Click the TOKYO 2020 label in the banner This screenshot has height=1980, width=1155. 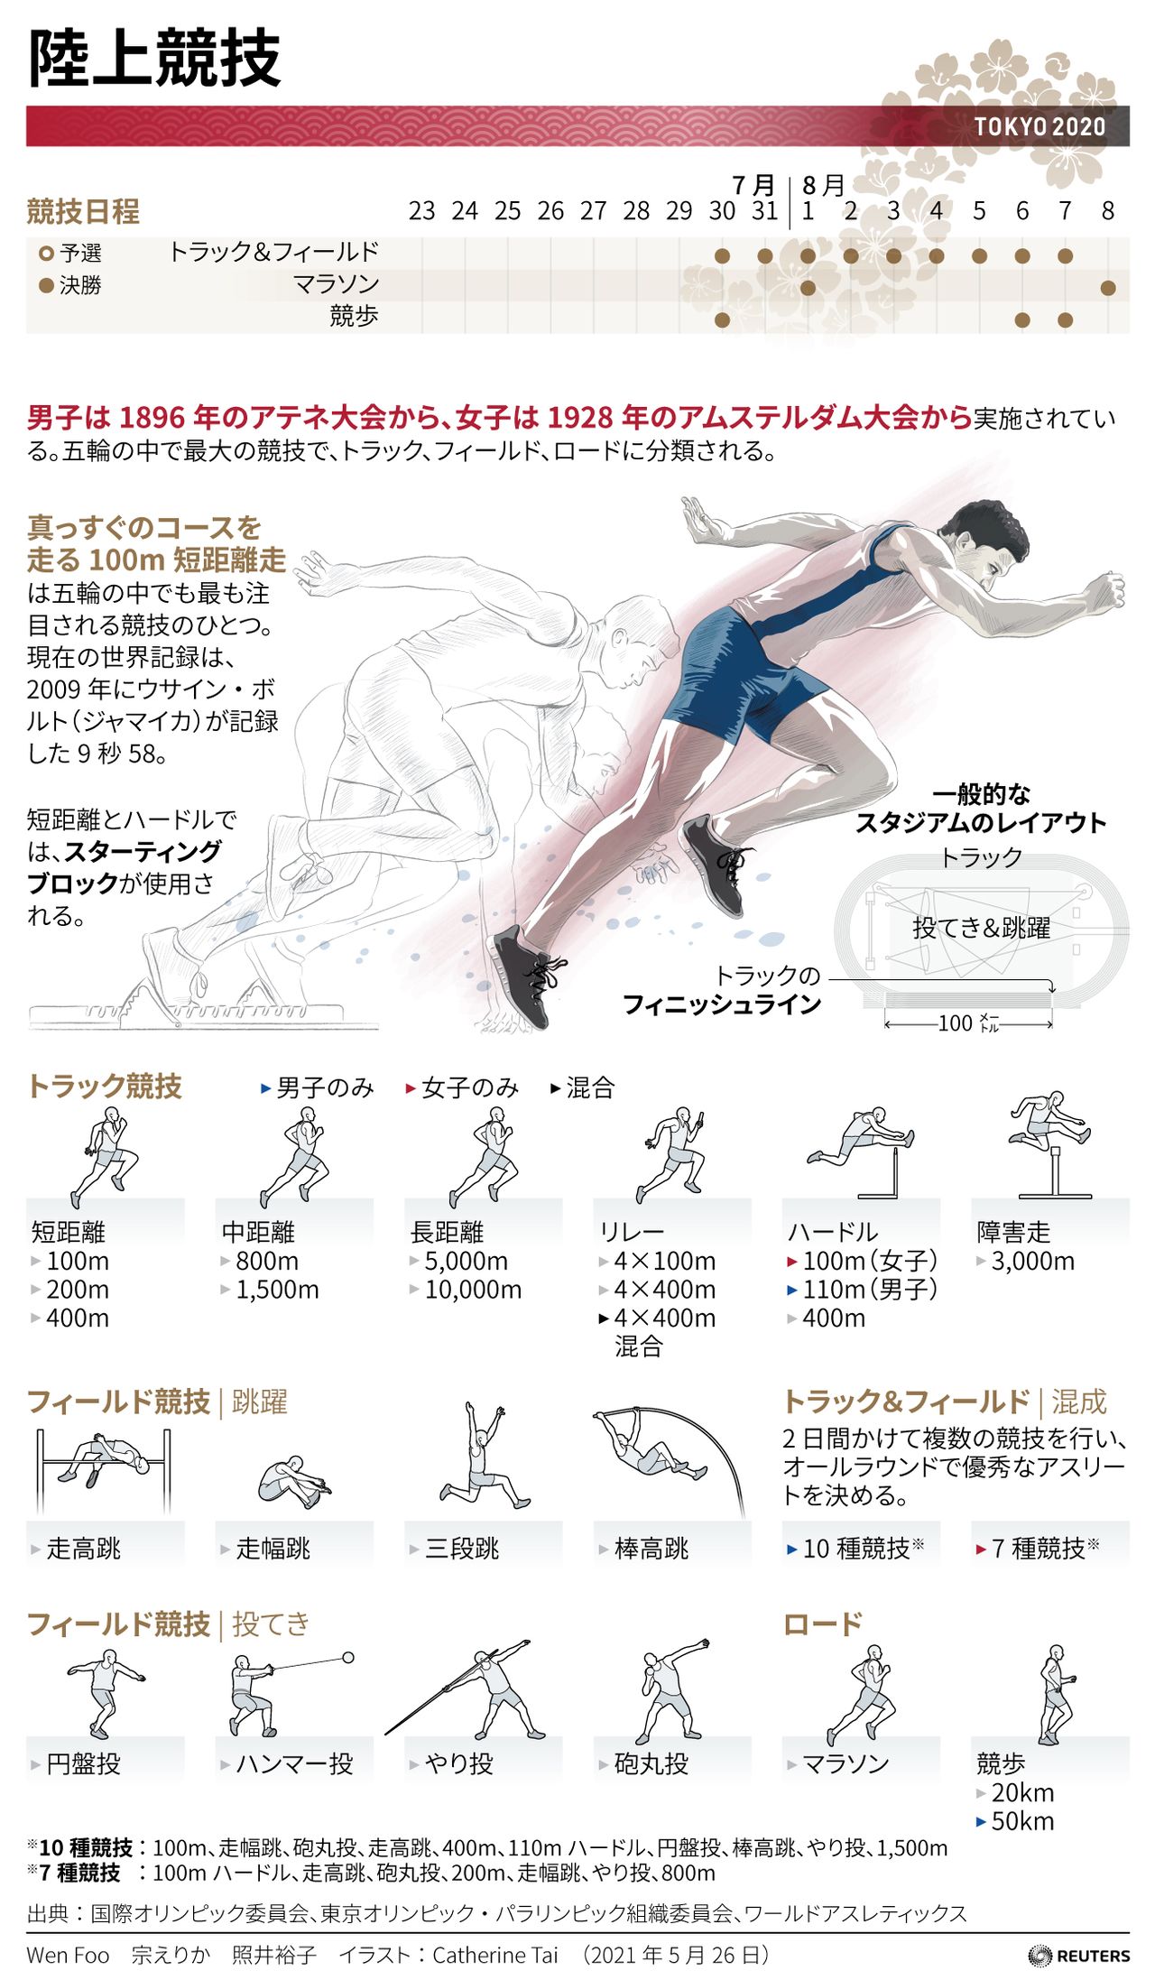coord(1039,126)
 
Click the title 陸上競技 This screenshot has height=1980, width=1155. coord(154,59)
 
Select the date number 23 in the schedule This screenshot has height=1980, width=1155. coord(421,211)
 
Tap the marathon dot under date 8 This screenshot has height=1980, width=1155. coord(1108,288)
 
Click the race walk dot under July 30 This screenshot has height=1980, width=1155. coord(722,319)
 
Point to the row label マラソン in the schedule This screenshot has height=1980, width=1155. coord(336,284)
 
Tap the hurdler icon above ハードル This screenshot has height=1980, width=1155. coord(861,1152)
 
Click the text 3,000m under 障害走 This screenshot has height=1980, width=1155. coord(1032,1261)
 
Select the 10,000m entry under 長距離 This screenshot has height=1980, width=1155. coord(473,1290)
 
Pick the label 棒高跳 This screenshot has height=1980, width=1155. coord(651,1548)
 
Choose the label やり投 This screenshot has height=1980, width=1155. coord(459,1763)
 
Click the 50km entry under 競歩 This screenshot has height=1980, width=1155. coord(1022,1821)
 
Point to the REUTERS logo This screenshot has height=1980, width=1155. coord(1078,1956)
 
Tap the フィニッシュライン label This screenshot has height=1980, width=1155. coord(722,1004)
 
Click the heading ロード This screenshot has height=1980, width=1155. coord(822,1624)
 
